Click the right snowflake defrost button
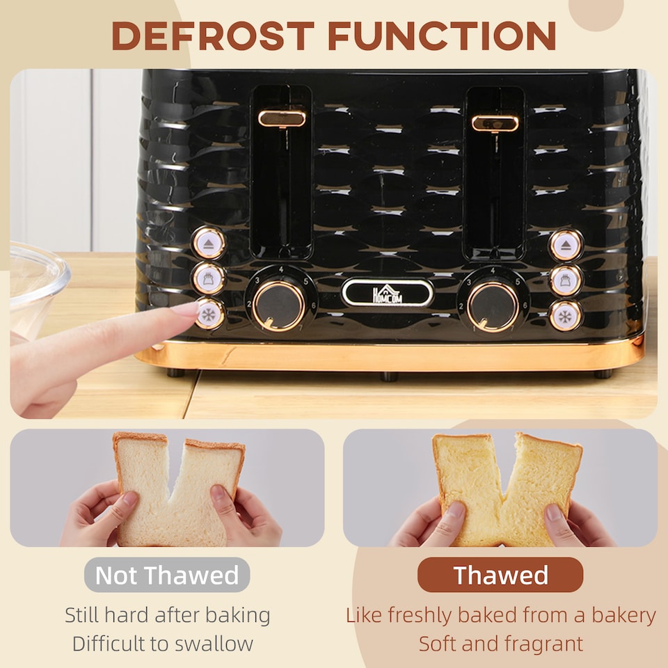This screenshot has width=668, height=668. click(x=566, y=315)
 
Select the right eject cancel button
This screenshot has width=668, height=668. click(x=566, y=245)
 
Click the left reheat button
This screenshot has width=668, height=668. click(x=209, y=279)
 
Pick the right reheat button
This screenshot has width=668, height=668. click(x=566, y=280)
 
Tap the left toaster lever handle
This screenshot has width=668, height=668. click(x=282, y=118)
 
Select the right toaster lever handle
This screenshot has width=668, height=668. click(x=495, y=123)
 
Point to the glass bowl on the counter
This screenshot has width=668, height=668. click(x=35, y=285)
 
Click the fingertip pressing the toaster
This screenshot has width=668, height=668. click(x=186, y=310)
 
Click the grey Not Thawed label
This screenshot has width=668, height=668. click(x=167, y=575)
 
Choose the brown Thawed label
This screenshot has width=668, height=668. click(x=500, y=575)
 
